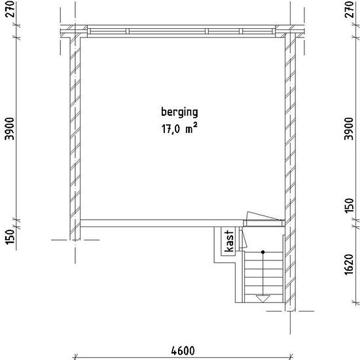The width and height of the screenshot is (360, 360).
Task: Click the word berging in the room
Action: coord(179,113)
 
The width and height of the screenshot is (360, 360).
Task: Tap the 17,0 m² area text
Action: coord(179,128)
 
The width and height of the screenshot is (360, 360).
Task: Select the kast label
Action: coord(228,242)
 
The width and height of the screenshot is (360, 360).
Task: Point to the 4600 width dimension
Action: coord(183,351)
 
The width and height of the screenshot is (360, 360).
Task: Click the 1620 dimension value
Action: coord(349,264)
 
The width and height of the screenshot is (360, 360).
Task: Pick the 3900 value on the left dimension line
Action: coord(10,128)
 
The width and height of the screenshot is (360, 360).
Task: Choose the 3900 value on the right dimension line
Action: coord(349,128)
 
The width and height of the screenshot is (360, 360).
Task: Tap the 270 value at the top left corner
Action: coord(10,9)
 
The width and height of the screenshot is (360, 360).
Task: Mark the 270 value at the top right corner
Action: coord(350,9)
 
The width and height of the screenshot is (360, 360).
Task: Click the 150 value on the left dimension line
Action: coord(10,236)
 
